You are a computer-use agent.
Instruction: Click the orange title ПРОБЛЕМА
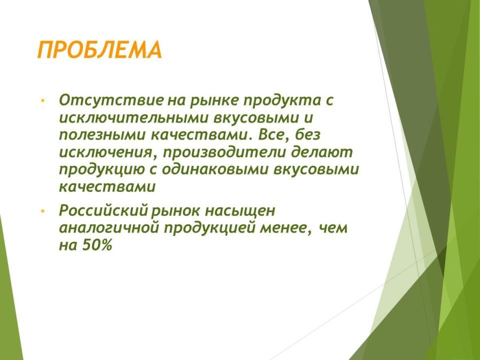(x=99, y=50)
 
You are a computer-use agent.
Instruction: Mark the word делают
(x=322, y=153)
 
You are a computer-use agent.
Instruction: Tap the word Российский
(x=105, y=210)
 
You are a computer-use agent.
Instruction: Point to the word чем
(x=334, y=229)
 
